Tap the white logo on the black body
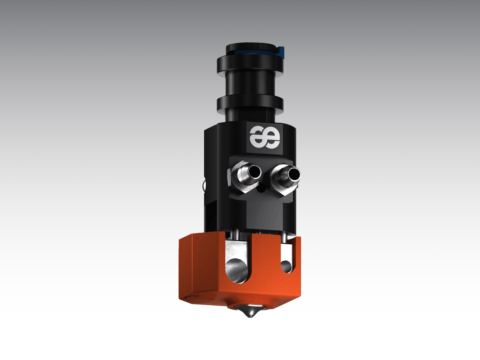coord(265,137)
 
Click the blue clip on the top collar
coord(282,52)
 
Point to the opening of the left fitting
coord(255,171)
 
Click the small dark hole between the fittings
coord(261,189)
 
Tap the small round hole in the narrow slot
coord(285,265)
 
